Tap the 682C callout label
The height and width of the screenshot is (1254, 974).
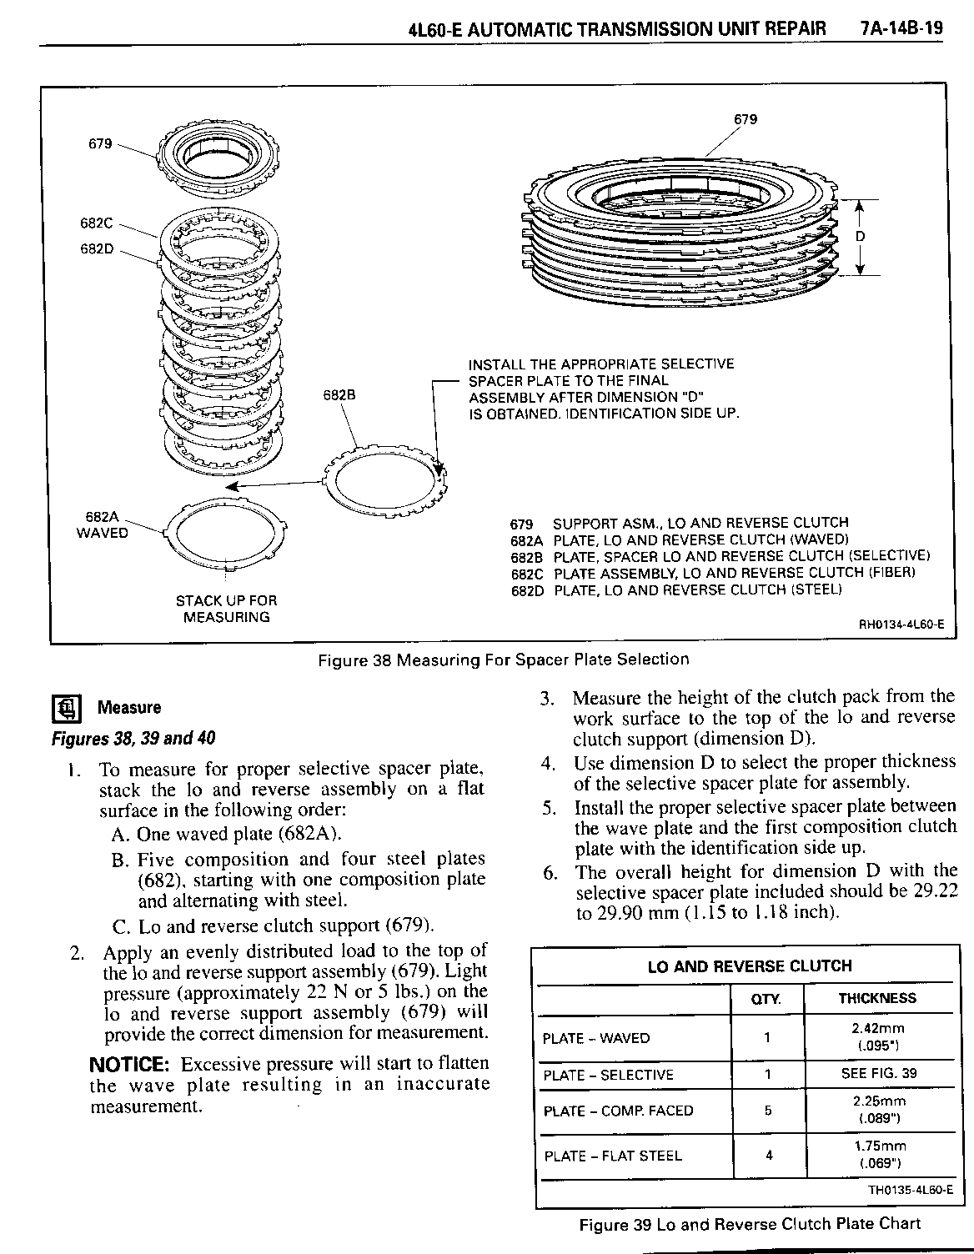click(x=97, y=223)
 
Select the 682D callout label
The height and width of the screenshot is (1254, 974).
click(x=97, y=249)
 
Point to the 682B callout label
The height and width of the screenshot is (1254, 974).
click(x=339, y=396)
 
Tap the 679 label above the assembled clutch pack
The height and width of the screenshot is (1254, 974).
click(x=746, y=119)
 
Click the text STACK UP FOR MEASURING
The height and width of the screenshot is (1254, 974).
click(x=226, y=609)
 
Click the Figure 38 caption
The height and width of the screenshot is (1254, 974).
click(x=504, y=660)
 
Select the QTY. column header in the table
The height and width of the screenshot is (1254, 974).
click(x=766, y=999)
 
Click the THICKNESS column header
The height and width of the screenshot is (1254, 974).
click(x=877, y=999)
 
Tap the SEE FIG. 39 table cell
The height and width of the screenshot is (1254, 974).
click(x=878, y=1074)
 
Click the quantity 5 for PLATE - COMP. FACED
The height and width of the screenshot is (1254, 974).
click(x=768, y=1111)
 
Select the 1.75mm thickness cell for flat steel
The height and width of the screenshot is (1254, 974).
click(x=878, y=1146)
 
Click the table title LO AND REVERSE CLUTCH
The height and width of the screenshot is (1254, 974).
click(x=750, y=966)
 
